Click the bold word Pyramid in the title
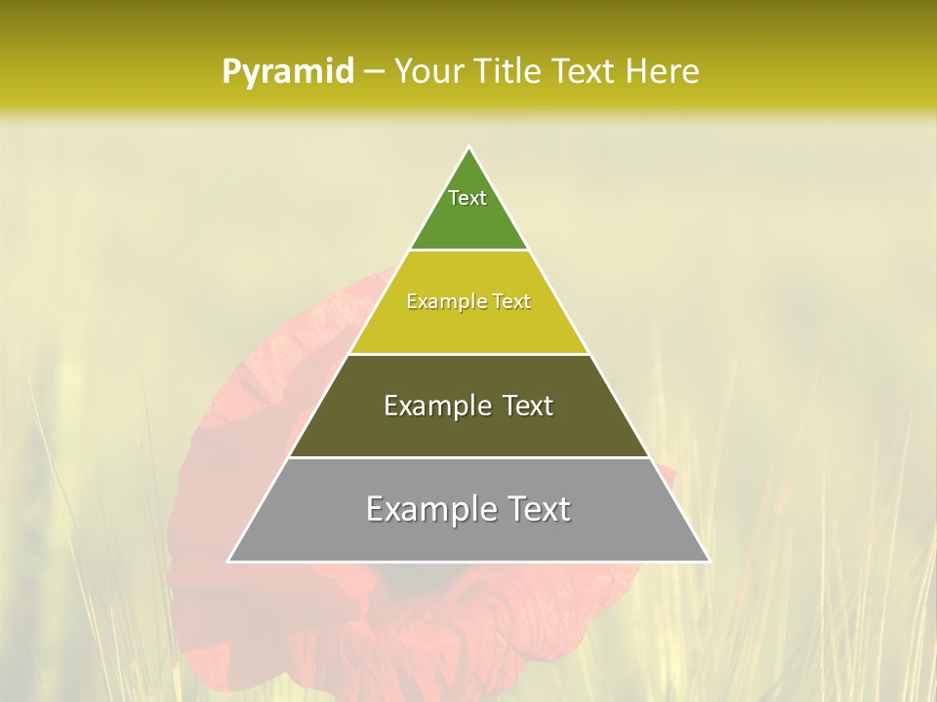tap(287, 72)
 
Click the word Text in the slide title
tap(586, 72)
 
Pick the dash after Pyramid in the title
tap(373, 72)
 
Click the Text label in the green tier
tap(468, 198)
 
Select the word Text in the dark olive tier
tap(525, 406)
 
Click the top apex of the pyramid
tap(468, 148)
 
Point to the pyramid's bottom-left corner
tap(229, 561)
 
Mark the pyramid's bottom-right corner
tap(709, 561)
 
